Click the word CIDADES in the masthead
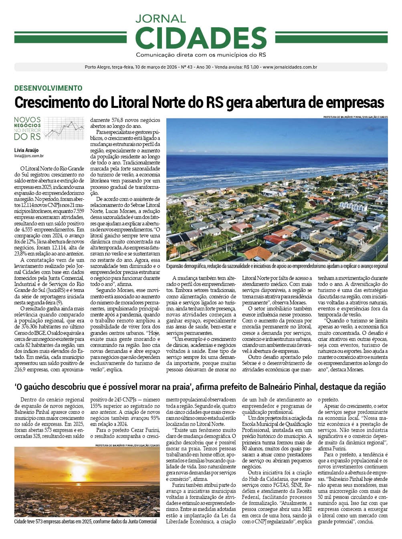pyautogui.click(x=201, y=38)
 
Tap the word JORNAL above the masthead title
pyautogui.click(x=160, y=19)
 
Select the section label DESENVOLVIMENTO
pyautogui.click(x=48, y=88)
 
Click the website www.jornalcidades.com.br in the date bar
pyautogui.click(x=290, y=67)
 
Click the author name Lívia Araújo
pyautogui.click(x=26, y=150)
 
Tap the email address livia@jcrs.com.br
pyautogui.click(x=29, y=156)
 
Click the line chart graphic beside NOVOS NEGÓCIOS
pyautogui.click(x=64, y=128)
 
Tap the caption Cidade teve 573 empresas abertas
pyautogui.click(x=85, y=521)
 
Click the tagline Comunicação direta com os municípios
pyautogui.click(x=201, y=55)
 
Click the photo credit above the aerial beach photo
pyautogui.click(x=355, y=117)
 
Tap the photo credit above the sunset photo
pyautogui.click(x=127, y=445)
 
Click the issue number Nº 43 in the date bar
pyautogui.click(x=187, y=67)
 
